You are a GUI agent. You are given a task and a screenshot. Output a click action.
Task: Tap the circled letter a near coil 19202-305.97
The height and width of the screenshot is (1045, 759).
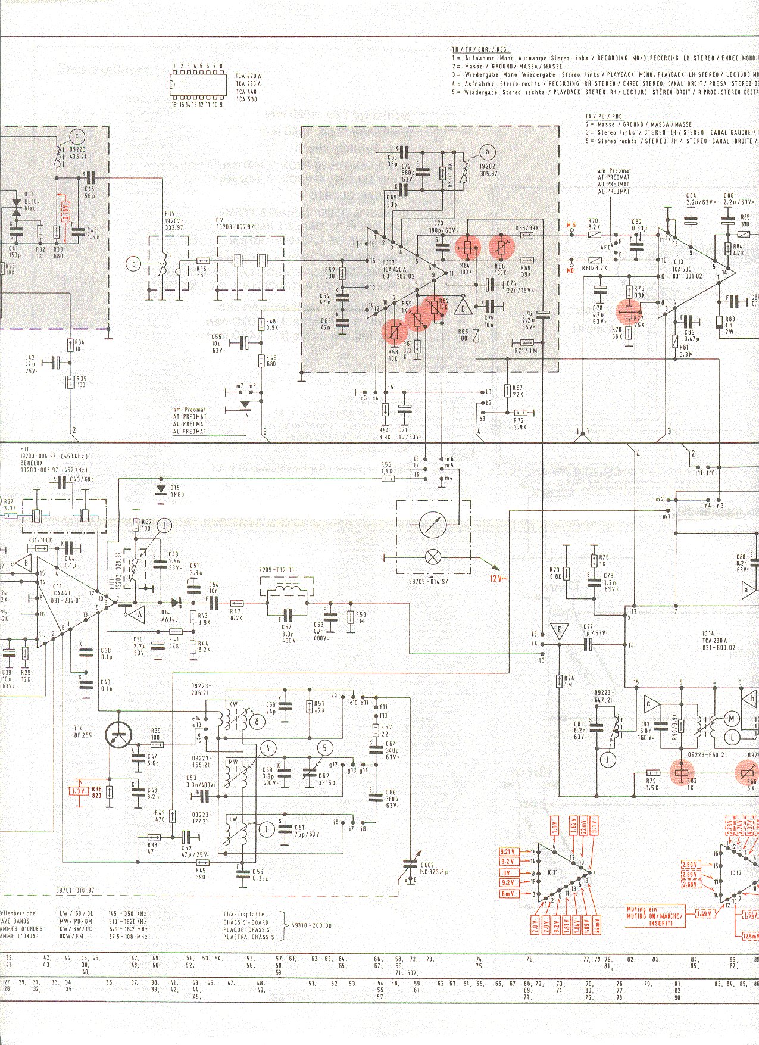pos(488,151)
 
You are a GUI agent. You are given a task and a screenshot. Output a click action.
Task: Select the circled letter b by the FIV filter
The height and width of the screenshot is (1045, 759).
pos(134,263)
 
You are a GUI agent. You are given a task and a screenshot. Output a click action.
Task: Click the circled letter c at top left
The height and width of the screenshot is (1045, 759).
pos(76,136)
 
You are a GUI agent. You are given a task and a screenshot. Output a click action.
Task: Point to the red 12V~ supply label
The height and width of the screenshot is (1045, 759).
pos(496,578)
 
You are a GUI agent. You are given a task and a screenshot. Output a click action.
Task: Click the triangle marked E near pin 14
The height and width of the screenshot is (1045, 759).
pos(558,630)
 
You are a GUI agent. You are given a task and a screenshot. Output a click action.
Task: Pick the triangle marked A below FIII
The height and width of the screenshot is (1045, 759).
pos(140,614)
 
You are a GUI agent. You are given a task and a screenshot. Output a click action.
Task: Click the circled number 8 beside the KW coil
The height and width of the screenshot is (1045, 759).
pos(257,722)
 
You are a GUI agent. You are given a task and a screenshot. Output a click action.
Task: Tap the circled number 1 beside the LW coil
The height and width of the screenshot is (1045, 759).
pos(266,829)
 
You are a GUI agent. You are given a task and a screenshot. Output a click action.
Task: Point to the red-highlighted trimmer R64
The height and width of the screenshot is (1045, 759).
pos(467,247)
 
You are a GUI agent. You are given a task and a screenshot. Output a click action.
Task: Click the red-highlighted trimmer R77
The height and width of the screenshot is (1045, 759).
pos(629,310)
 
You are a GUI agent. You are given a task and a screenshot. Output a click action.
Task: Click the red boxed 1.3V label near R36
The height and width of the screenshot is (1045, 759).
pos(78,791)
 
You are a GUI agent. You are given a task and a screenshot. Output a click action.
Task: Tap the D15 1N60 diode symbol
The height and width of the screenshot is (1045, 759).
pos(160,489)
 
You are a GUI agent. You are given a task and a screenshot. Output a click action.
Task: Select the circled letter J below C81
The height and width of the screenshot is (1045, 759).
pos(608,759)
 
